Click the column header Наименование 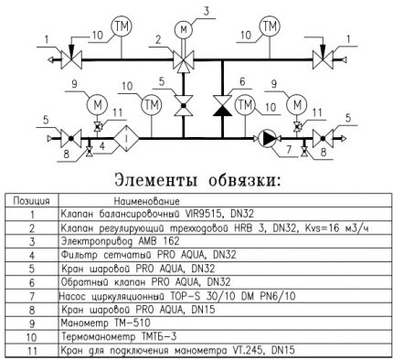146,200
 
